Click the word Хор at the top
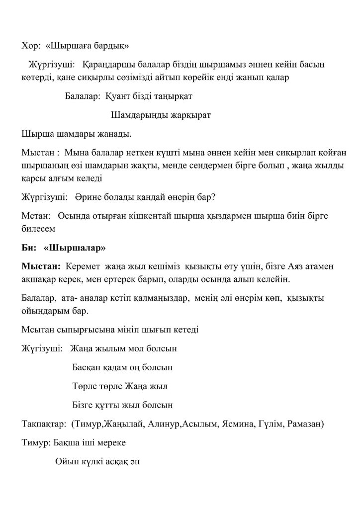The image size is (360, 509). point(30,47)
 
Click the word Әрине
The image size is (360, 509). point(87,197)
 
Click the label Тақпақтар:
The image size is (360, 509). point(44,424)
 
